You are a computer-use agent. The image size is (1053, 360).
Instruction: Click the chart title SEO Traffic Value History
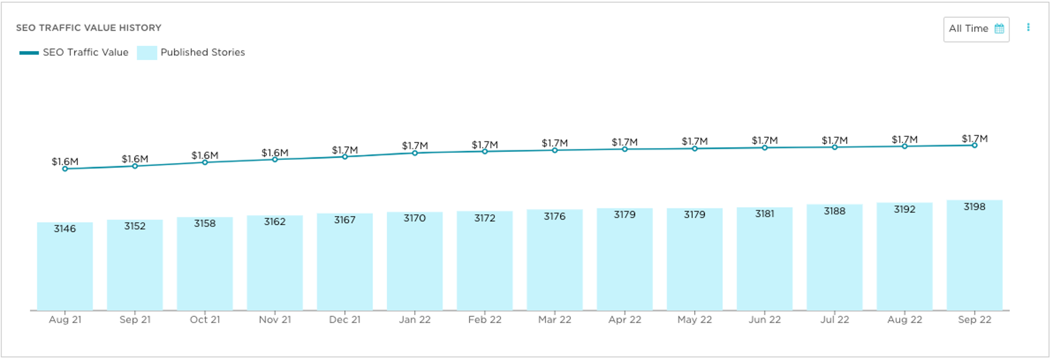pos(88,28)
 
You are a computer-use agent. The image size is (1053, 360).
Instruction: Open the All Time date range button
pos(976,29)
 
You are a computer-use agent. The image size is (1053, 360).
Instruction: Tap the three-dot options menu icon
pos(1028,28)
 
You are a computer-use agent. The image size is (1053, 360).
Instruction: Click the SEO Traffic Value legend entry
pos(74,52)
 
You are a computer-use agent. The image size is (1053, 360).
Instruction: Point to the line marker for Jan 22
pos(415,153)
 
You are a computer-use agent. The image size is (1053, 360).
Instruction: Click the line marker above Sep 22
pos(974,145)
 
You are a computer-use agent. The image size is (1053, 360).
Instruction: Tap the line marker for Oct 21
pos(205,162)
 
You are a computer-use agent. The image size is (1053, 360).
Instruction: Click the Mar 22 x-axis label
pos(555,320)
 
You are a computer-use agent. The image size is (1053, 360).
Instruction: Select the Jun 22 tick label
pos(765,320)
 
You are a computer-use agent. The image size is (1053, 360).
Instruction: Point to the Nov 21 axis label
pos(275,320)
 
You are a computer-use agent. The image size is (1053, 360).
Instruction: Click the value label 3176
pos(555,216)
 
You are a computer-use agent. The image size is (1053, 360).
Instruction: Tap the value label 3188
pos(835,211)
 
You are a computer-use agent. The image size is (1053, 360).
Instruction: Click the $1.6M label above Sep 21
pos(135,159)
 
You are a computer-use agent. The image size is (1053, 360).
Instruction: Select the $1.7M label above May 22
pos(694,141)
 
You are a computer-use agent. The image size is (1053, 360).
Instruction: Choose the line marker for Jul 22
pos(835,147)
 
